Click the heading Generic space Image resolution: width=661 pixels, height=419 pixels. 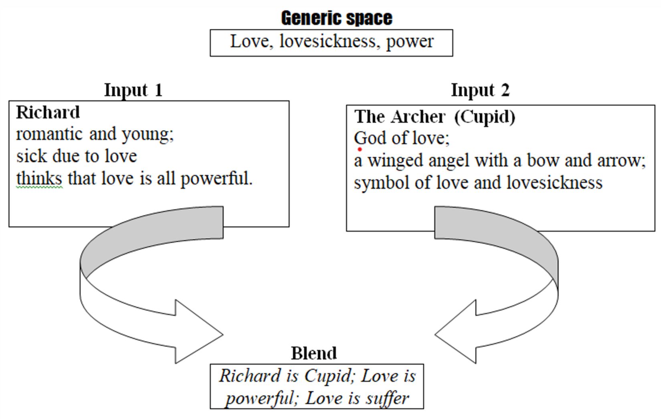pyautogui.click(x=337, y=18)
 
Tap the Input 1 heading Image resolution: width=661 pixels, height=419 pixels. pyautogui.click(x=133, y=90)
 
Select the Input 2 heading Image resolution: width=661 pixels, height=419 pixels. pyautogui.click(x=480, y=90)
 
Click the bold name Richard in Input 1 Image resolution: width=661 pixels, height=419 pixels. pyautogui.click(x=48, y=112)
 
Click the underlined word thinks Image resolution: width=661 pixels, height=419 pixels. pyautogui.click(x=39, y=178)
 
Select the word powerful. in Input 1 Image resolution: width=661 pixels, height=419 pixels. pyautogui.click(x=216, y=179)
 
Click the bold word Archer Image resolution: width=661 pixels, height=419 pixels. pyautogui.click(x=418, y=117)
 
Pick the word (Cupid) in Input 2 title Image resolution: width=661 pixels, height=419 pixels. pyautogui.click(x=485, y=117)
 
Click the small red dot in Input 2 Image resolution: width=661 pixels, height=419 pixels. pyautogui.click(x=360, y=149)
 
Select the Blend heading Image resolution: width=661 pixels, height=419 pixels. pyautogui.click(x=314, y=353)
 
